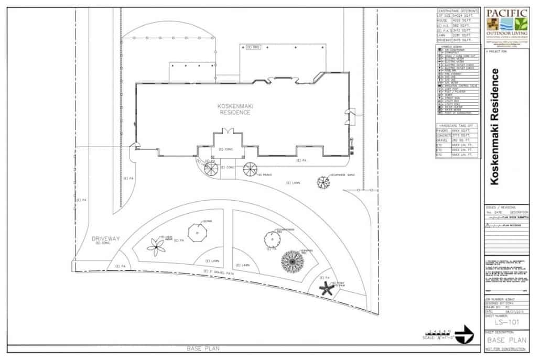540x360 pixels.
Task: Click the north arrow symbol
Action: point(463,336)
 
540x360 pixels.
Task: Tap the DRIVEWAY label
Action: point(106,238)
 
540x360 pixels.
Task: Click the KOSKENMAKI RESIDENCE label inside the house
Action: point(234,109)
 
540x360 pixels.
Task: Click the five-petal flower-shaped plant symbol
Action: point(156,247)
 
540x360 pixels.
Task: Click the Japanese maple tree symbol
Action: point(323,182)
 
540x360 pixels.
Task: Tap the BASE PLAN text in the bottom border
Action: point(204,348)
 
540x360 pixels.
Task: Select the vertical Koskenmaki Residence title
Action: point(494,126)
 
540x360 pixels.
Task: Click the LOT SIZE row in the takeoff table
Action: point(457,16)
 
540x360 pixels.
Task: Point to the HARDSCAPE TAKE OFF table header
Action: point(457,126)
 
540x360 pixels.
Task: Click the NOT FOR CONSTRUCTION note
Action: point(506,348)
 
